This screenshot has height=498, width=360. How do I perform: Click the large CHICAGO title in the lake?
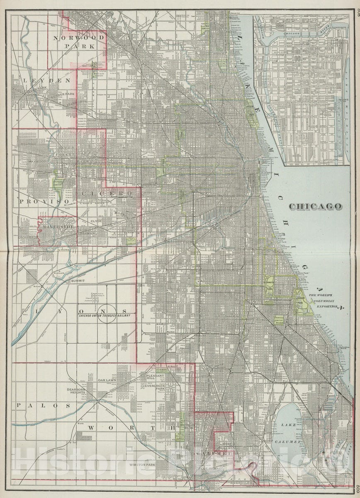[315, 206]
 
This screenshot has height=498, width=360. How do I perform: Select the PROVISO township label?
[43, 201]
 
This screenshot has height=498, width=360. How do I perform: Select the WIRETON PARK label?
[142, 465]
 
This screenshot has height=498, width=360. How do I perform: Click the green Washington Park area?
[270, 286]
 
